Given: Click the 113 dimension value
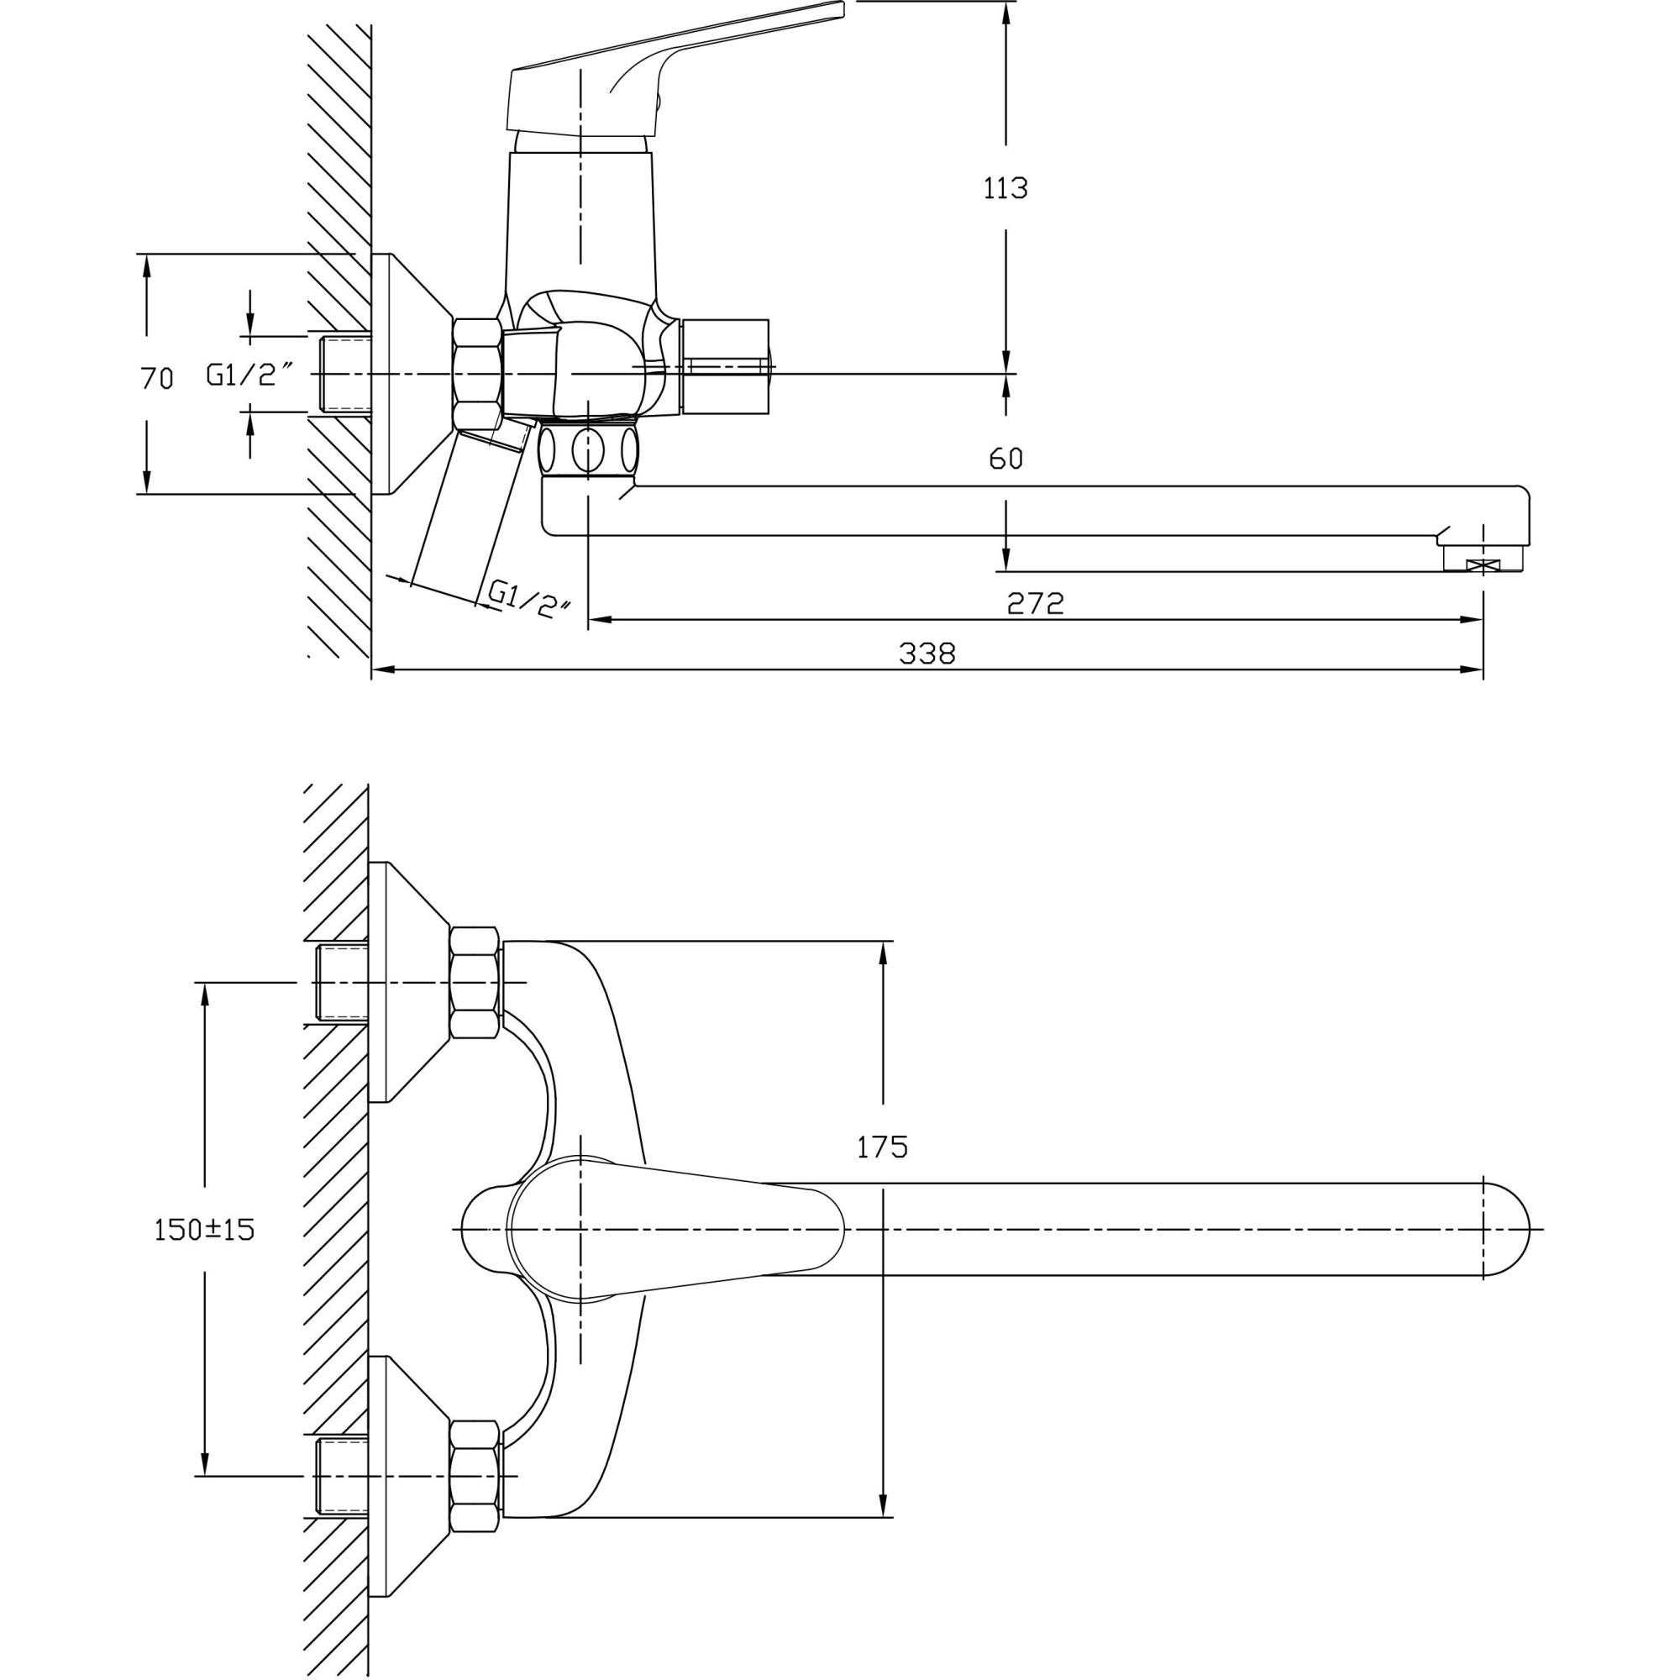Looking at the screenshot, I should click(x=1005, y=188).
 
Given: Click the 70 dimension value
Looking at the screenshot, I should click(x=156, y=378).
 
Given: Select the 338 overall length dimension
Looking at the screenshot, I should click(x=927, y=653).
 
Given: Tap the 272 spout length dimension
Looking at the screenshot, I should click(x=1035, y=602).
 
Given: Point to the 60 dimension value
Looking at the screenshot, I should click(x=1005, y=459).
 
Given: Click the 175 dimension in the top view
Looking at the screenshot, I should click(x=882, y=1147).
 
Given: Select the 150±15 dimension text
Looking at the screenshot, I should click(x=204, y=1230).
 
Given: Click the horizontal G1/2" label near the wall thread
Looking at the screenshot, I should click(x=249, y=374).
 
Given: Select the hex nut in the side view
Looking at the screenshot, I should click(x=477, y=374).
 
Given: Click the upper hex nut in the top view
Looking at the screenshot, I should click(x=475, y=983).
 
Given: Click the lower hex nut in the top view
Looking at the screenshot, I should click(x=475, y=1477).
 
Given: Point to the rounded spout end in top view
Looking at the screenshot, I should click(x=1506, y=1230).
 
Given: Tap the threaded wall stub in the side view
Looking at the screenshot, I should click(x=344, y=374).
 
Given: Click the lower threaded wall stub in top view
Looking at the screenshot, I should click(x=342, y=1477).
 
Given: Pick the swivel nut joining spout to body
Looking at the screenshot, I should click(x=588, y=449).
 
